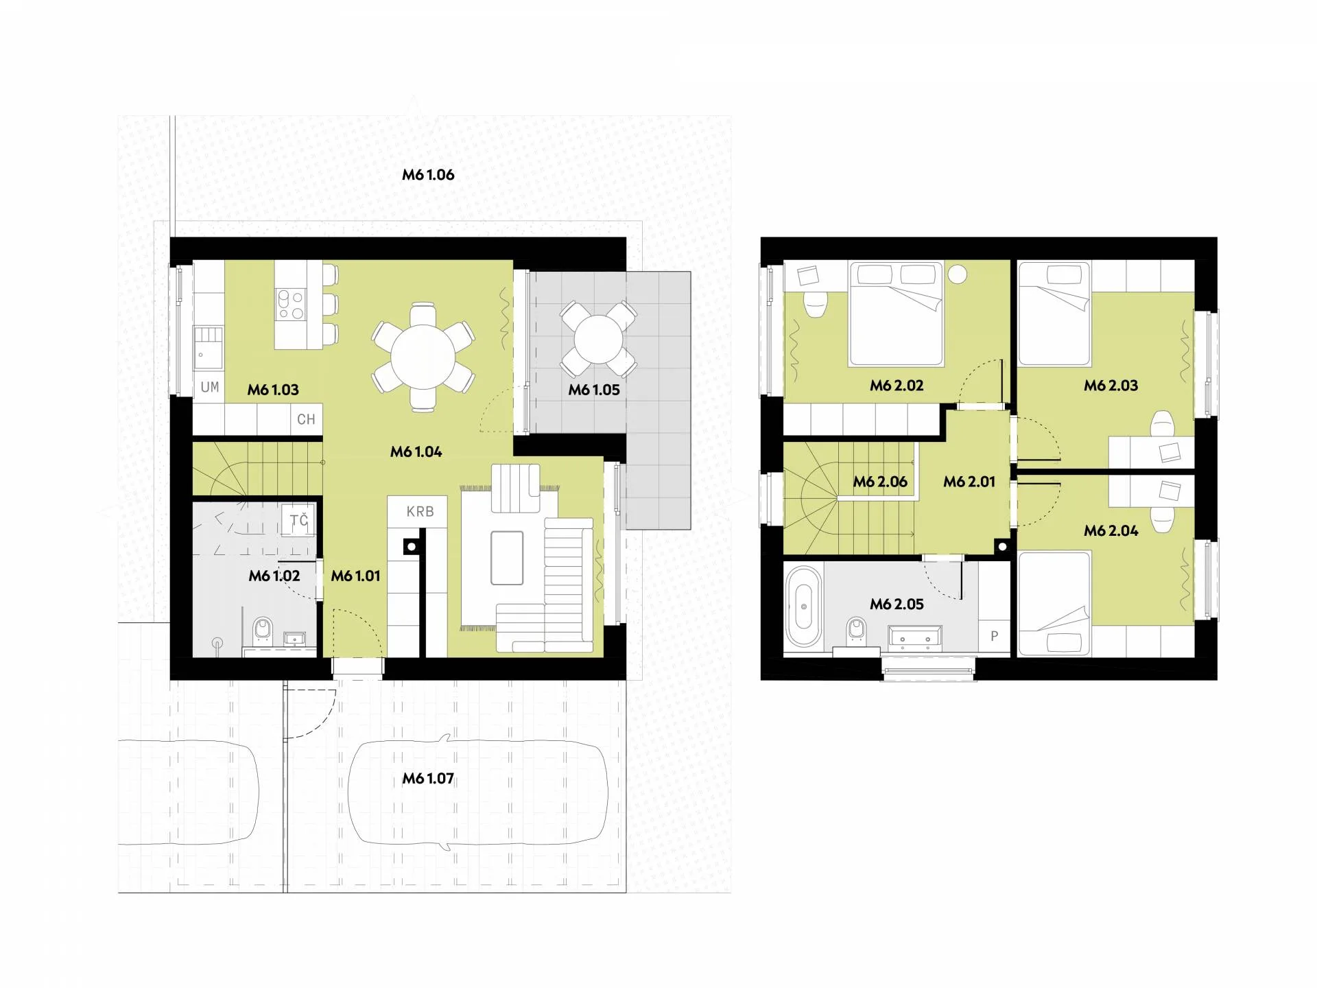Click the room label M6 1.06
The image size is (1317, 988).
pyautogui.click(x=428, y=175)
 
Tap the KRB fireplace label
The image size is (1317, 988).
pyautogui.click(x=420, y=512)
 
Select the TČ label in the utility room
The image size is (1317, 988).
pyautogui.click(x=299, y=520)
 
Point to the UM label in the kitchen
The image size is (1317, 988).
pyautogui.click(x=210, y=387)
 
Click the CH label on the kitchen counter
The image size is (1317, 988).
pyautogui.click(x=306, y=419)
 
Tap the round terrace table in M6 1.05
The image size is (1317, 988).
pyautogui.click(x=598, y=339)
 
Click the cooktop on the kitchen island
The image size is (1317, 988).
pyautogui.click(x=290, y=304)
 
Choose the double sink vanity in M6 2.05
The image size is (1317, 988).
pyautogui.click(x=914, y=637)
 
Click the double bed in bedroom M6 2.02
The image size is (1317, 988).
pyautogui.click(x=896, y=314)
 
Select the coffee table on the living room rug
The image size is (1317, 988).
pyautogui.click(x=507, y=558)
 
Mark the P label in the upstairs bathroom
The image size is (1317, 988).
pyautogui.click(x=994, y=636)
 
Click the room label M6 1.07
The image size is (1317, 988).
pyautogui.click(x=428, y=779)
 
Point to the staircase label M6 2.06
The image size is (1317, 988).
pyautogui.click(x=880, y=482)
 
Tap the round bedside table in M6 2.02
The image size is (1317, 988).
pyautogui.click(x=958, y=274)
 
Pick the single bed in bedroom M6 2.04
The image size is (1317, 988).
pyautogui.click(x=1054, y=604)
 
